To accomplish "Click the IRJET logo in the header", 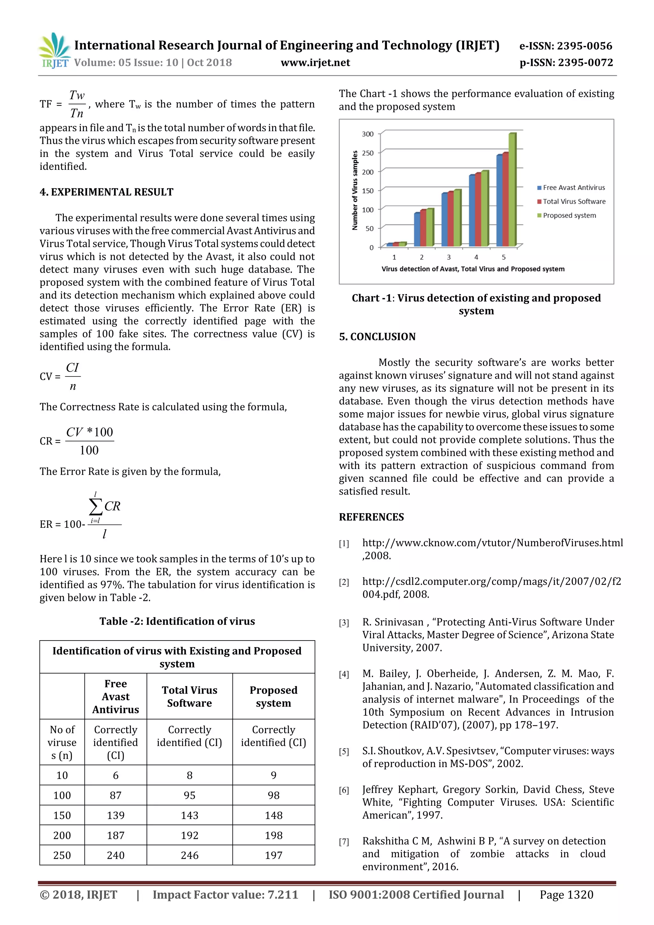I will point(54,50).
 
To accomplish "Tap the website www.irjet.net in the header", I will point(315,63).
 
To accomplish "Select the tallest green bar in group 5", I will point(512,189).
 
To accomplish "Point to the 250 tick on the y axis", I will point(368,153).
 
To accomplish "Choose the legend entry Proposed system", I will point(569,216).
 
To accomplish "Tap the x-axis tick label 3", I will point(448,257).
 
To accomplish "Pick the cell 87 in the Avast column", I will point(116,795).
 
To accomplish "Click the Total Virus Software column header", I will point(189,697).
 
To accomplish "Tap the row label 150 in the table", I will point(62,815).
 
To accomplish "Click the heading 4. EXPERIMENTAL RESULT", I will point(106,192).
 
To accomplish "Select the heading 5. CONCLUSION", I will point(377,337).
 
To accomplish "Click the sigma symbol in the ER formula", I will point(95,506).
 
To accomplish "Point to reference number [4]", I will point(344,674).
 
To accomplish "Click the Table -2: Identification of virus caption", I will point(177,621).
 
